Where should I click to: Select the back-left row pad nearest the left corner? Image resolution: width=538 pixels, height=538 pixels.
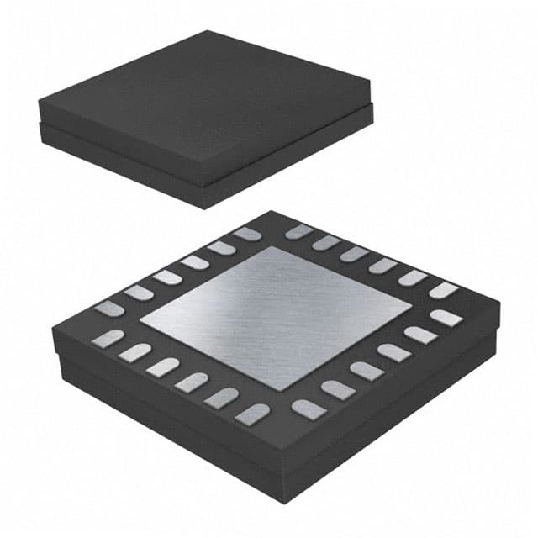109,309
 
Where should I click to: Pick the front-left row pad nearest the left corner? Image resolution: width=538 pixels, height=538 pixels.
108,338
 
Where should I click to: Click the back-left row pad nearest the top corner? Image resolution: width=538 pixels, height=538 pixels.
246,234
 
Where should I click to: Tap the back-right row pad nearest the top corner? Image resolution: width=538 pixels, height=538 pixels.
298,231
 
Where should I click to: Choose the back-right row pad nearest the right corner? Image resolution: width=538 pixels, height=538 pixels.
443,290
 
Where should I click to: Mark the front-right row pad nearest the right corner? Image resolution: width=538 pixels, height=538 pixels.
446,318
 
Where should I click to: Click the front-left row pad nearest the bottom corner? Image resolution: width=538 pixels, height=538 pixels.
252,413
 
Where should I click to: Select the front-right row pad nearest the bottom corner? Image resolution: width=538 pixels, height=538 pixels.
309,409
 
